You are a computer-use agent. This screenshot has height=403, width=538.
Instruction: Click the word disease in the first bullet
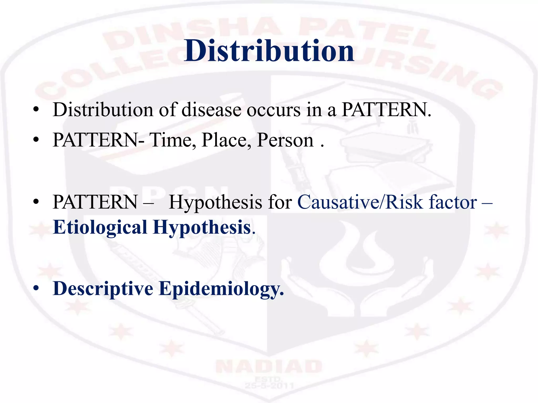point(211,110)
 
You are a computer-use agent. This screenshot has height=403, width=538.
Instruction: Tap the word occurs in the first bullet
point(273,110)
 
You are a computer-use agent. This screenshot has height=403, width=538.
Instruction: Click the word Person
point(285,140)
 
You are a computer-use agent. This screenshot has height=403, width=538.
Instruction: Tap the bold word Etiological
point(100,227)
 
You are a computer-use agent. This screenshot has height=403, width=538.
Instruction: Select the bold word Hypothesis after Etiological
point(202,227)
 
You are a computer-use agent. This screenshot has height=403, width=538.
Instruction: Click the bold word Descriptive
point(103,289)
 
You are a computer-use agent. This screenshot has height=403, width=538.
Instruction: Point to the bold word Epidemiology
point(221,289)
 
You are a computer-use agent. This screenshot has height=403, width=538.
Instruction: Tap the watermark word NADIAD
point(269,367)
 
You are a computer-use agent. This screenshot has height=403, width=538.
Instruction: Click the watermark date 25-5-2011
point(269,386)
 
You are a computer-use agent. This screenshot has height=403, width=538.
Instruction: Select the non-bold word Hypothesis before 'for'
point(215,202)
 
